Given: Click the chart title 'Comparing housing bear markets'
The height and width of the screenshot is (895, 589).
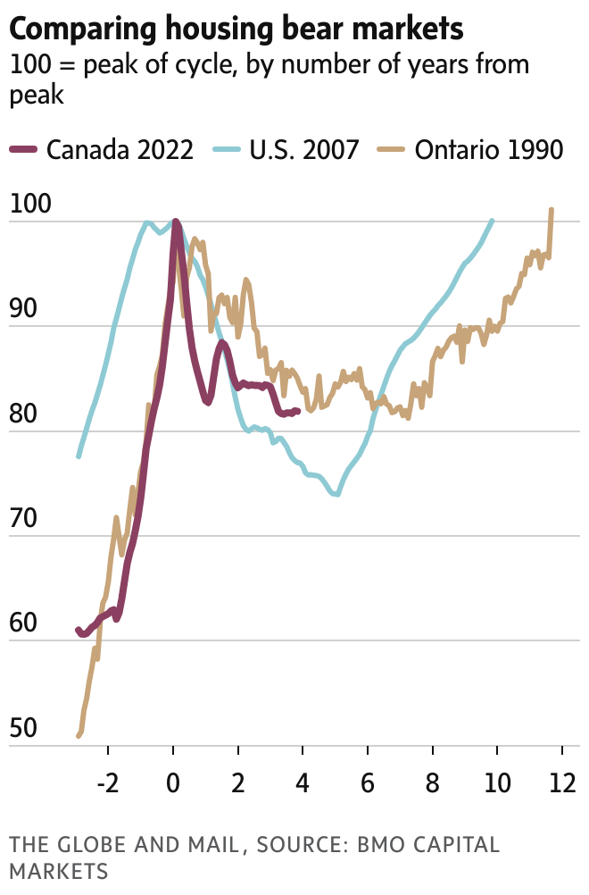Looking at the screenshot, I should (x=236, y=29).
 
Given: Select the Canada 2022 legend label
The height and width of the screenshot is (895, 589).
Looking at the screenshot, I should (x=120, y=149).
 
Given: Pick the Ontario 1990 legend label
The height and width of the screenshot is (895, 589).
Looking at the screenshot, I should (x=489, y=149).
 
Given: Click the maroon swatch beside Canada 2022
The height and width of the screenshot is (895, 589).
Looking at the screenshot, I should (x=23, y=149).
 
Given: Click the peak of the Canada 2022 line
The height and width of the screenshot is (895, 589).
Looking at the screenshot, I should (x=175, y=222).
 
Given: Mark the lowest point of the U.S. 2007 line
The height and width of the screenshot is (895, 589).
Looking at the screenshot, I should (x=337, y=494).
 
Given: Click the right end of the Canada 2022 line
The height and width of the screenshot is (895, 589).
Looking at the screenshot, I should (x=297, y=411).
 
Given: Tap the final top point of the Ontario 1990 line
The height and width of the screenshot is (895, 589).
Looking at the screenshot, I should (x=552, y=210).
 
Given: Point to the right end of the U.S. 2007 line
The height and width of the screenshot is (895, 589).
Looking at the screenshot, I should (x=492, y=221).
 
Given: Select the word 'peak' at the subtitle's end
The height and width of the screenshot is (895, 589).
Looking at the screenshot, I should (x=37, y=96).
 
